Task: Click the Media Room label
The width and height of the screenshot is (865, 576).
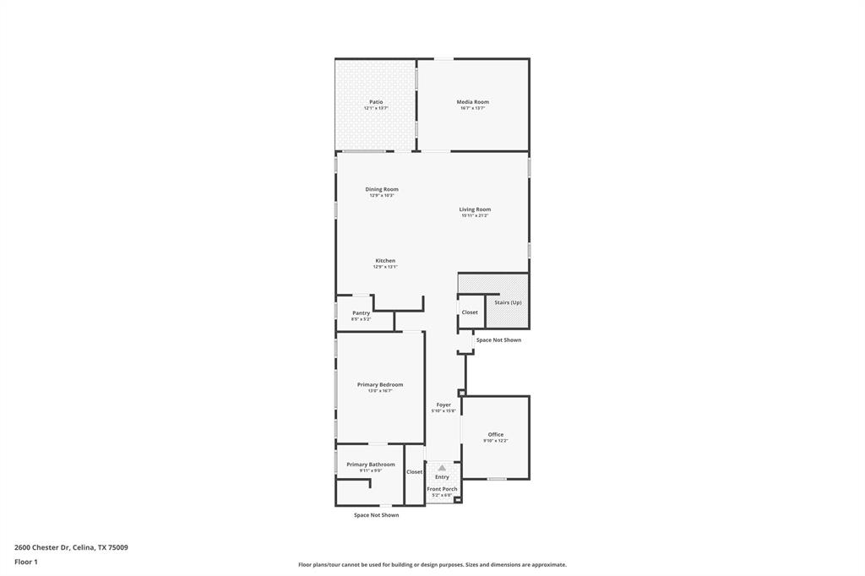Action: click(472, 102)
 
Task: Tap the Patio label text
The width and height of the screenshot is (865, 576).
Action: click(376, 102)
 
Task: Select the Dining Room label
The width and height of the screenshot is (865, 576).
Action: click(382, 189)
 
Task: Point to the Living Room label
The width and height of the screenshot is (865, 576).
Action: click(475, 209)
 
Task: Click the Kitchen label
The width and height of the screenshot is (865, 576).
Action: click(385, 261)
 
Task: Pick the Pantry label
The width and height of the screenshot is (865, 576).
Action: click(361, 313)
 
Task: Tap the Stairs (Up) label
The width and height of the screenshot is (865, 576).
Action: click(508, 302)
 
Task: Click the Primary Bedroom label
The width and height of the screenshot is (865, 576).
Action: click(379, 384)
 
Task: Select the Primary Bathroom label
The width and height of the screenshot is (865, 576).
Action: click(370, 465)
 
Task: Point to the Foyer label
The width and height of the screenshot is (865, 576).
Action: click(443, 405)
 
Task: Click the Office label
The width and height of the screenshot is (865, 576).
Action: click(495, 435)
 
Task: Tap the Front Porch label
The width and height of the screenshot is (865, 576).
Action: click(442, 489)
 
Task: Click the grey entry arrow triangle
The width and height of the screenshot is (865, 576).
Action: click(442, 468)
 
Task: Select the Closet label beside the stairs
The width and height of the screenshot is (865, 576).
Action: click(470, 312)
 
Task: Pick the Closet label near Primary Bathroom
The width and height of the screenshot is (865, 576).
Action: click(414, 472)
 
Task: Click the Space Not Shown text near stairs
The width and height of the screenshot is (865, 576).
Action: click(498, 340)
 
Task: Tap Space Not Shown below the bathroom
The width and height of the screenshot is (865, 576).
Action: click(376, 515)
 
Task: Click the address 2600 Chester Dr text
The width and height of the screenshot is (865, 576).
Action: click(71, 547)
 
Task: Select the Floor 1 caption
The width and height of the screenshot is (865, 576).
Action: click(26, 562)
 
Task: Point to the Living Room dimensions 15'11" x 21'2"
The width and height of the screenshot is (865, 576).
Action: click(475, 216)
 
